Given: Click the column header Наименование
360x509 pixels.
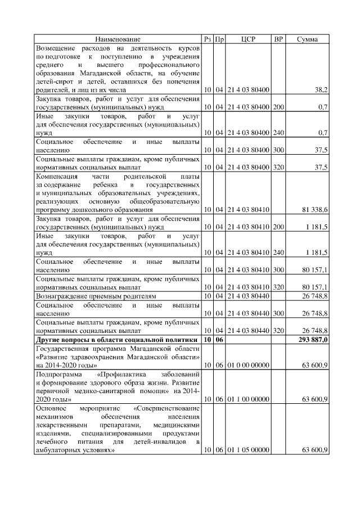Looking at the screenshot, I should point(118,39).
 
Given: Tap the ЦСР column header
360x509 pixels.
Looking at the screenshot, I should point(248,39).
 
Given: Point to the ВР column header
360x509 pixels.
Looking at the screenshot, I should point(278,39).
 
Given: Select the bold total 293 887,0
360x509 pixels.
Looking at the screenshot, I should point(312,340).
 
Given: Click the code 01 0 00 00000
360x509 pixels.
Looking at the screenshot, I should point(248,365).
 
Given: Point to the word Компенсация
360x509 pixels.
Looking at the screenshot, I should point(60,176).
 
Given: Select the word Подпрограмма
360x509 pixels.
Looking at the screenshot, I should point(59,374).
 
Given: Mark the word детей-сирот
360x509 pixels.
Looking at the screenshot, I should point(53,82).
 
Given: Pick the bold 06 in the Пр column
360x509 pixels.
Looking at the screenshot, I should point(220,340).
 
